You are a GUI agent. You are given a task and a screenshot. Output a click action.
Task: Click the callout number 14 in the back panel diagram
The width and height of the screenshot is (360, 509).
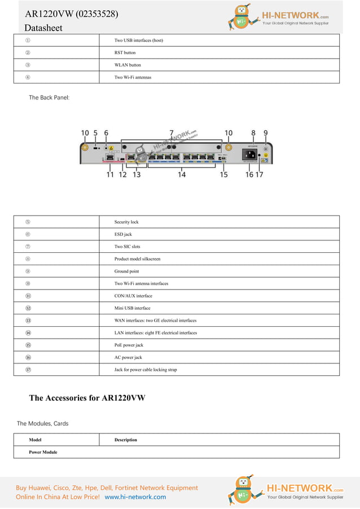182,175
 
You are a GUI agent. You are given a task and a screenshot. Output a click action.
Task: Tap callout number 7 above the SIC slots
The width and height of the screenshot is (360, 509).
172,133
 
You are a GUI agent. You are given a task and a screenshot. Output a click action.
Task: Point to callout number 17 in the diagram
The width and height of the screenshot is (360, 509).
260,175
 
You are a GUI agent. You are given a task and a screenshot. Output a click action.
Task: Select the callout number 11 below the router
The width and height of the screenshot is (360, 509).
110,175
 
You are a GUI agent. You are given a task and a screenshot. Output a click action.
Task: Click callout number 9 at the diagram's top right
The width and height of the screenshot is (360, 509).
266,133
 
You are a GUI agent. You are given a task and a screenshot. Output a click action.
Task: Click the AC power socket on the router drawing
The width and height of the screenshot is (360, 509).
249,154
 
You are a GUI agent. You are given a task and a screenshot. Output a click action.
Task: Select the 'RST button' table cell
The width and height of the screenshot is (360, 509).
125,52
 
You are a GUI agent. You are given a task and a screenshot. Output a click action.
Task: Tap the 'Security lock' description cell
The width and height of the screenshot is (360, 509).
126,222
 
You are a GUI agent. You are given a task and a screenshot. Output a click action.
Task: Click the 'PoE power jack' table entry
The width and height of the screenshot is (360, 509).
129,345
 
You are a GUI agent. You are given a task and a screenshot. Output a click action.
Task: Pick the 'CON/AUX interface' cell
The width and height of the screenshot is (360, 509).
133,296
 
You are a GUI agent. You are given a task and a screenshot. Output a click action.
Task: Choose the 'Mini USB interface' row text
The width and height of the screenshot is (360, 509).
132,309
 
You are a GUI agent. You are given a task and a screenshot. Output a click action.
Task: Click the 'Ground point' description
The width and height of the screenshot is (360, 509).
126,271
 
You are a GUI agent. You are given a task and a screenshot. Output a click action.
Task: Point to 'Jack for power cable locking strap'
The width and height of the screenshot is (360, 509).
146,370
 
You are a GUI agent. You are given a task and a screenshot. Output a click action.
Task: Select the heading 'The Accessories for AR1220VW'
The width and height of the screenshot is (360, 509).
87,398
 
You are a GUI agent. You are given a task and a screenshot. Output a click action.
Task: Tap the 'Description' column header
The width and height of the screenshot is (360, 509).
125,440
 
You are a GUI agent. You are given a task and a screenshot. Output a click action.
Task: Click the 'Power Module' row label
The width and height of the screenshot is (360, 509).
43,453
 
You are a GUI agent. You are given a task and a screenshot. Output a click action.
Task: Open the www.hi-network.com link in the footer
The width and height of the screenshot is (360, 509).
135,497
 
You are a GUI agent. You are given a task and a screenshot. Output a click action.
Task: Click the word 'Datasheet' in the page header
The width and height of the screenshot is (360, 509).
43,28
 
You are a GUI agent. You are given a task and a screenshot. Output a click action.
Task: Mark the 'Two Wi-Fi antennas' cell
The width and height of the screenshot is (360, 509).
133,77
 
